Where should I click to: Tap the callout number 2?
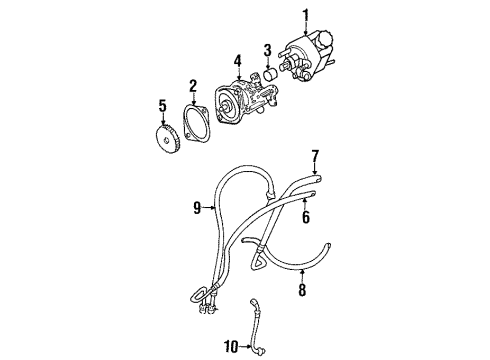193,86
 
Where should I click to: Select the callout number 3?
268,50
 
